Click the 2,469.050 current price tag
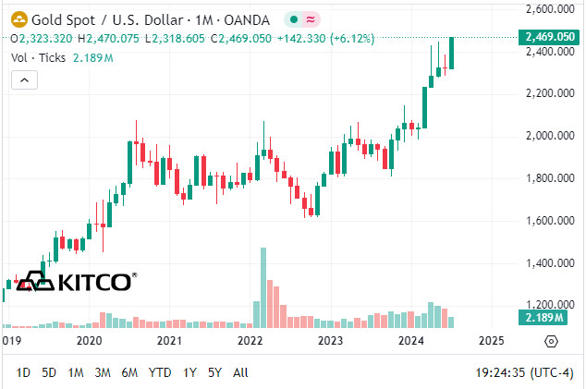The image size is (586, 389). click(x=550, y=37)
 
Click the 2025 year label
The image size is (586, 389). click(x=492, y=340)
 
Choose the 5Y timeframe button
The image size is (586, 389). click(x=214, y=372)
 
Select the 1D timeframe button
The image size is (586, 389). click(x=23, y=372)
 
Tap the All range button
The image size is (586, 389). click(x=240, y=372)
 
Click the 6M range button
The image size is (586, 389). click(x=129, y=372)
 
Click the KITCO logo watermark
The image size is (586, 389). click(x=77, y=282)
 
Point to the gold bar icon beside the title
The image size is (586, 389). click(x=17, y=18)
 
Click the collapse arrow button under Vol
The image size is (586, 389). click(x=24, y=81)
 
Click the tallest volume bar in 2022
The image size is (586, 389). click(x=263, y=286)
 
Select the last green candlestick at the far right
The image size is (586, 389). click(x=451, y=53)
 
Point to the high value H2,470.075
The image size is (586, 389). click(x=107, y=39)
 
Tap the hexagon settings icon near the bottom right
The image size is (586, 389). click(x=551, y=341)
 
